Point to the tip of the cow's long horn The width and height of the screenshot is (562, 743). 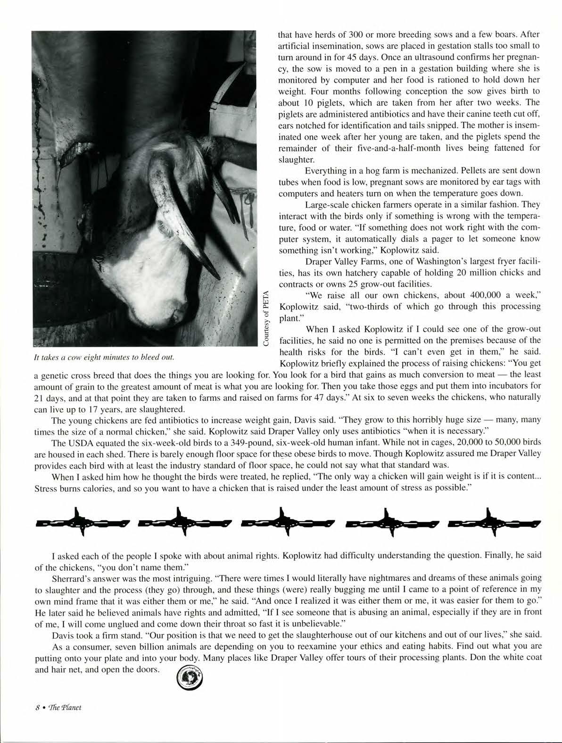click(218, 277)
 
